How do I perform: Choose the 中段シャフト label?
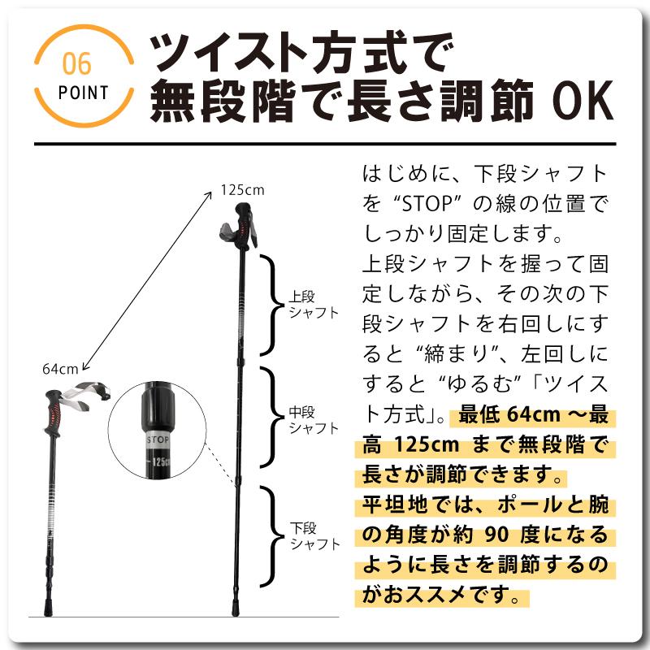pos(313,420)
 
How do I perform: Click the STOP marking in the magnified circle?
pos(157,438)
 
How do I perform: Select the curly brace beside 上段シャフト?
pos(271,304)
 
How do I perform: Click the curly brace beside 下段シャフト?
pos(271,536)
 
